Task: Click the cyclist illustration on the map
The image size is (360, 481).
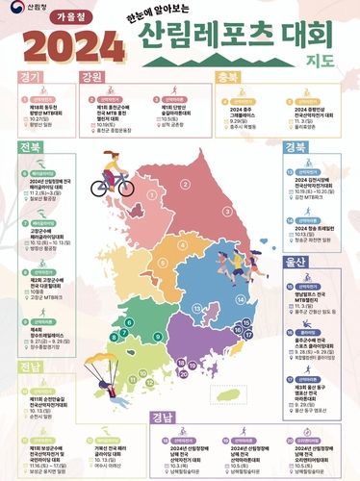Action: coord(113,171)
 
